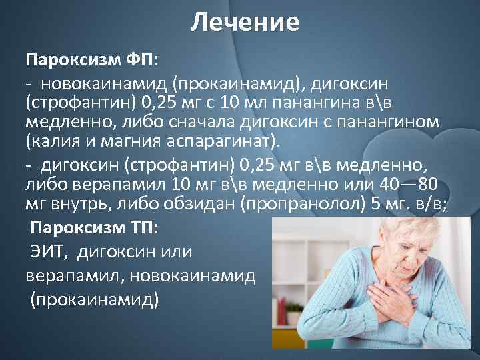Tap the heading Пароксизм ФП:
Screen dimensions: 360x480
(92, 60)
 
